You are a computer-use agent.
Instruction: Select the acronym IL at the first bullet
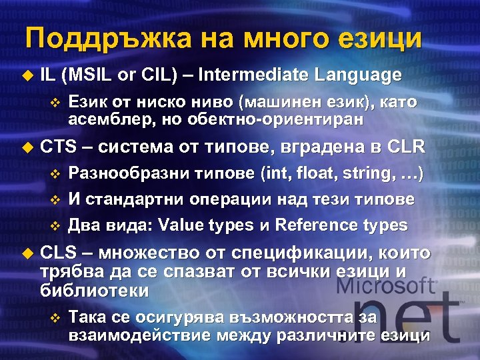point(47,75)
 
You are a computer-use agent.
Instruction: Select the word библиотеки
point(95,291)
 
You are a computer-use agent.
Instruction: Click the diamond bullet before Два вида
point(55,225)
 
